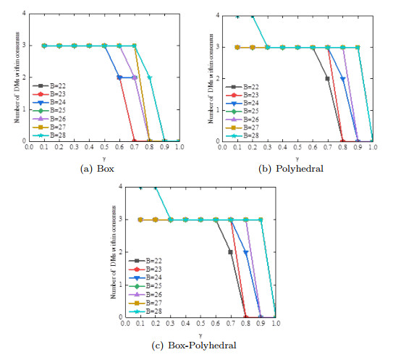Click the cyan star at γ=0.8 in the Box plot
point(150,78)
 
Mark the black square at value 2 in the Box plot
point(119,78)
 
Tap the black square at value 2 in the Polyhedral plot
point(327,79)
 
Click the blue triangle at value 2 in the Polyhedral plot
point(342,79)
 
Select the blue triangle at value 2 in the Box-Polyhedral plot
point(245,253)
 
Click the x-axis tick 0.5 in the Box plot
point(104,147)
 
